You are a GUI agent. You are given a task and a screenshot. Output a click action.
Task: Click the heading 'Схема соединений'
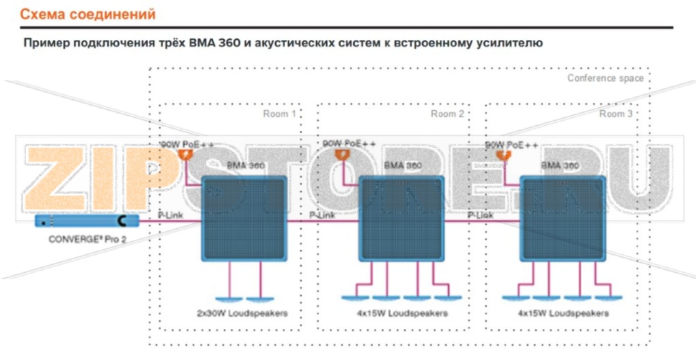tap(87, 14)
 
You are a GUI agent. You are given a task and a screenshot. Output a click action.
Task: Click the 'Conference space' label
tap(605, 78)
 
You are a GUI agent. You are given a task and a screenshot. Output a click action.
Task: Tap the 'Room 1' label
tap(279, 114)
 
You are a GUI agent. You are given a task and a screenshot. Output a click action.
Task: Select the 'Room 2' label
tap(447, 114)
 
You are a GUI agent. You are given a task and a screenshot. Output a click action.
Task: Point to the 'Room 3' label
tap(616, 114)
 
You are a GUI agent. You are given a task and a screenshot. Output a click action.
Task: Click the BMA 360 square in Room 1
tap(245, 218)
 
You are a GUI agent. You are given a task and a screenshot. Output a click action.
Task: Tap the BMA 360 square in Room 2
tap(403, 218)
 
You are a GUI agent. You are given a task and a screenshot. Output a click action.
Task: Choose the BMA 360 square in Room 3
tap(563, 218)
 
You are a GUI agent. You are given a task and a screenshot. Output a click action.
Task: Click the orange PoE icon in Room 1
tap(190, 154)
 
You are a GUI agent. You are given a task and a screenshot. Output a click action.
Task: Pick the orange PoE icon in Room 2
tap(346, 154)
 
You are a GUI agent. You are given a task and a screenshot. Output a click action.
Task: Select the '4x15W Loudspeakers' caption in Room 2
tap(403, 313)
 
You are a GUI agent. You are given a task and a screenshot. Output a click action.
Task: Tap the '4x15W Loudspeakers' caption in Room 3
tap(563, 313)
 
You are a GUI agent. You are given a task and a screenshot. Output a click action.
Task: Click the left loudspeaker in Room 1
tap(230, 298)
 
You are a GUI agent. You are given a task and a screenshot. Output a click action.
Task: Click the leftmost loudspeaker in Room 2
tap(355, 298)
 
